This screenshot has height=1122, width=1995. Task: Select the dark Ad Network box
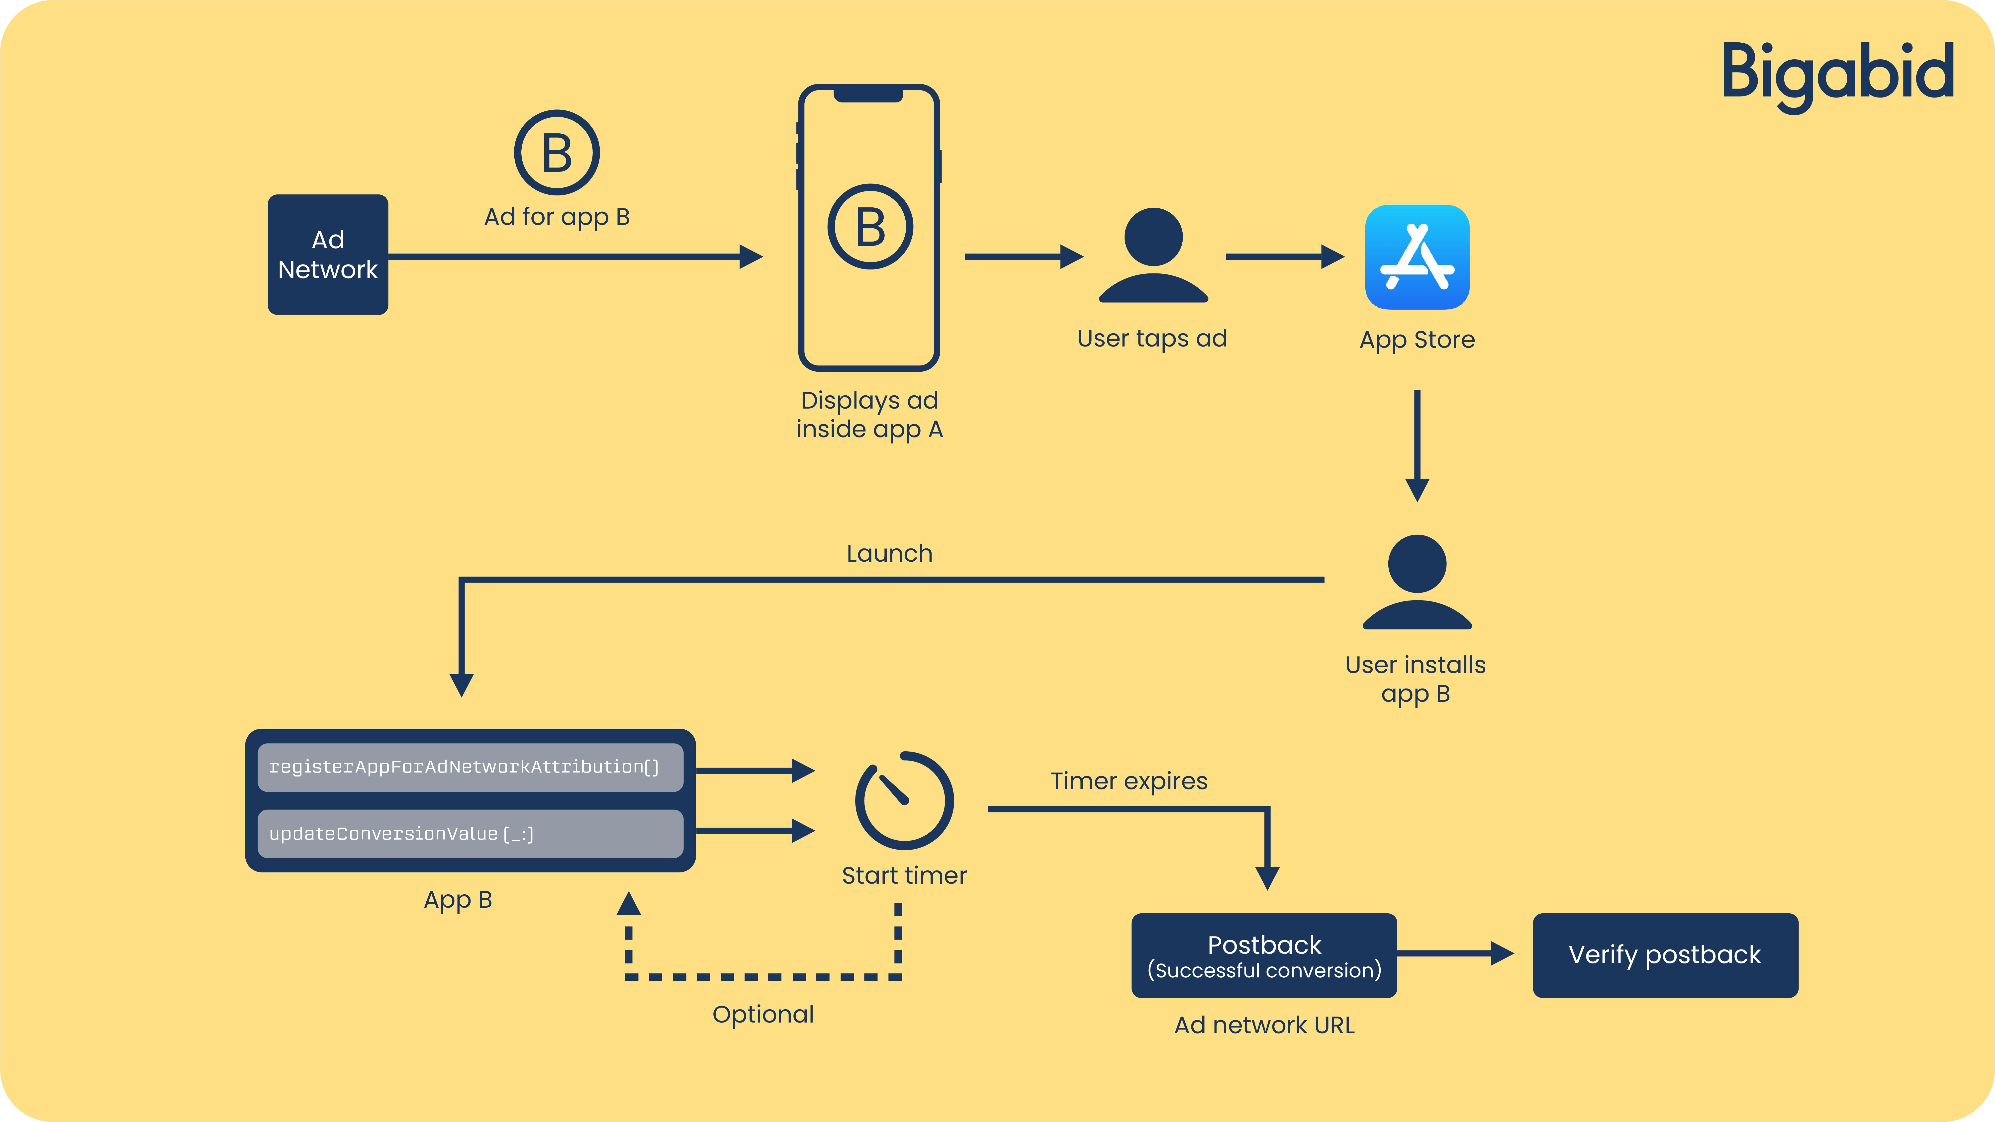(x=328, y=255)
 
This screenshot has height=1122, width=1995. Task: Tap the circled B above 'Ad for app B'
(x=557, y=153)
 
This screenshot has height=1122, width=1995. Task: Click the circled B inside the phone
(x=870, y=226)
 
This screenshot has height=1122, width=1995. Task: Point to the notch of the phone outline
(x=868, y=94)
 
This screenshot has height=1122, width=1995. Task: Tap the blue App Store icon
(x=1417, y=257)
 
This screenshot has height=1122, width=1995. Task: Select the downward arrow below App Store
(x=1417, y=446)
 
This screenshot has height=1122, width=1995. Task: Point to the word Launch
(x=889, y=554)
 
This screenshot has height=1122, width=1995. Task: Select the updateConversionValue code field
(x=470, y=834)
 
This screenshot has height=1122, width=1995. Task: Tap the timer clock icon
(x=904, y=800)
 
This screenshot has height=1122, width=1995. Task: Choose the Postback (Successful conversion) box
(x=1264, y=955)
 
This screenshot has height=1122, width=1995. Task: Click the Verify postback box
(x=1665, y=955)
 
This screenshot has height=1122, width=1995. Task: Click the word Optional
(x=763, y=1014)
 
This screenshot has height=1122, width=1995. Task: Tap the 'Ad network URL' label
(x=1264, y=1025)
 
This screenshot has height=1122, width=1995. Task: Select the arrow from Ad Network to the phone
(x=575, y=256)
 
